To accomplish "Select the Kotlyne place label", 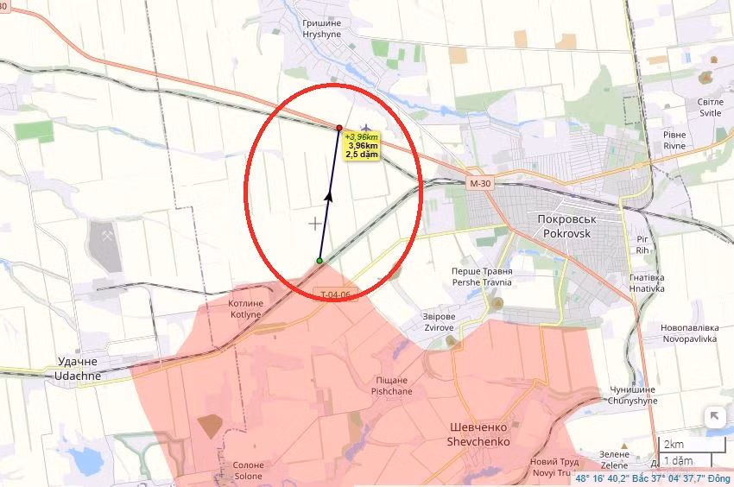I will coord(244,309).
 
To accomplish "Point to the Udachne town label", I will coord(77,368).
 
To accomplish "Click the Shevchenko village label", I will coord(479,434).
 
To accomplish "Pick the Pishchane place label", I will coord(391,385).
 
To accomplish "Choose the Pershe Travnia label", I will coord(481,276).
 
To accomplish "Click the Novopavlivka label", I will coord(689,333).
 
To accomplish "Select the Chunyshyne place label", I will coord(632,395).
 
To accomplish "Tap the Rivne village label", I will coord(674,140).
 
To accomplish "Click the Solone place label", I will coord(249,471).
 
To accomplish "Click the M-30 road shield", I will coord(481,184).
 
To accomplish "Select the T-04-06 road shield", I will coord(336,294).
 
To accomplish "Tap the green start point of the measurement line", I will coord(320,261).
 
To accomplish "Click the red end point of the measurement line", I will coord(339,128).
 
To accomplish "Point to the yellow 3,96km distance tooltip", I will coord(362,145).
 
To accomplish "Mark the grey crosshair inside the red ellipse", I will coord(315,224).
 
